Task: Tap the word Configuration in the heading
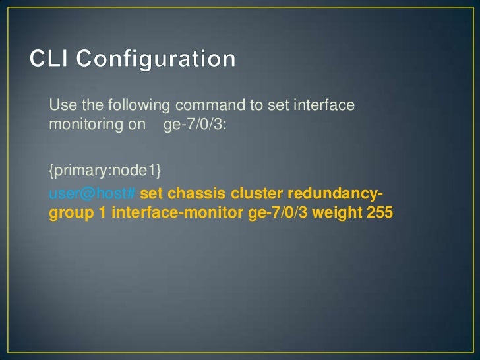coord(156,59)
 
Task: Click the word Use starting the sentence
coord(61,106)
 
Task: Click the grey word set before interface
coord(251,106)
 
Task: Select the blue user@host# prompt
coord(92,195)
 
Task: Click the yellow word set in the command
coord(150,195)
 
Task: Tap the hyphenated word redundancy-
coord(333,195)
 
